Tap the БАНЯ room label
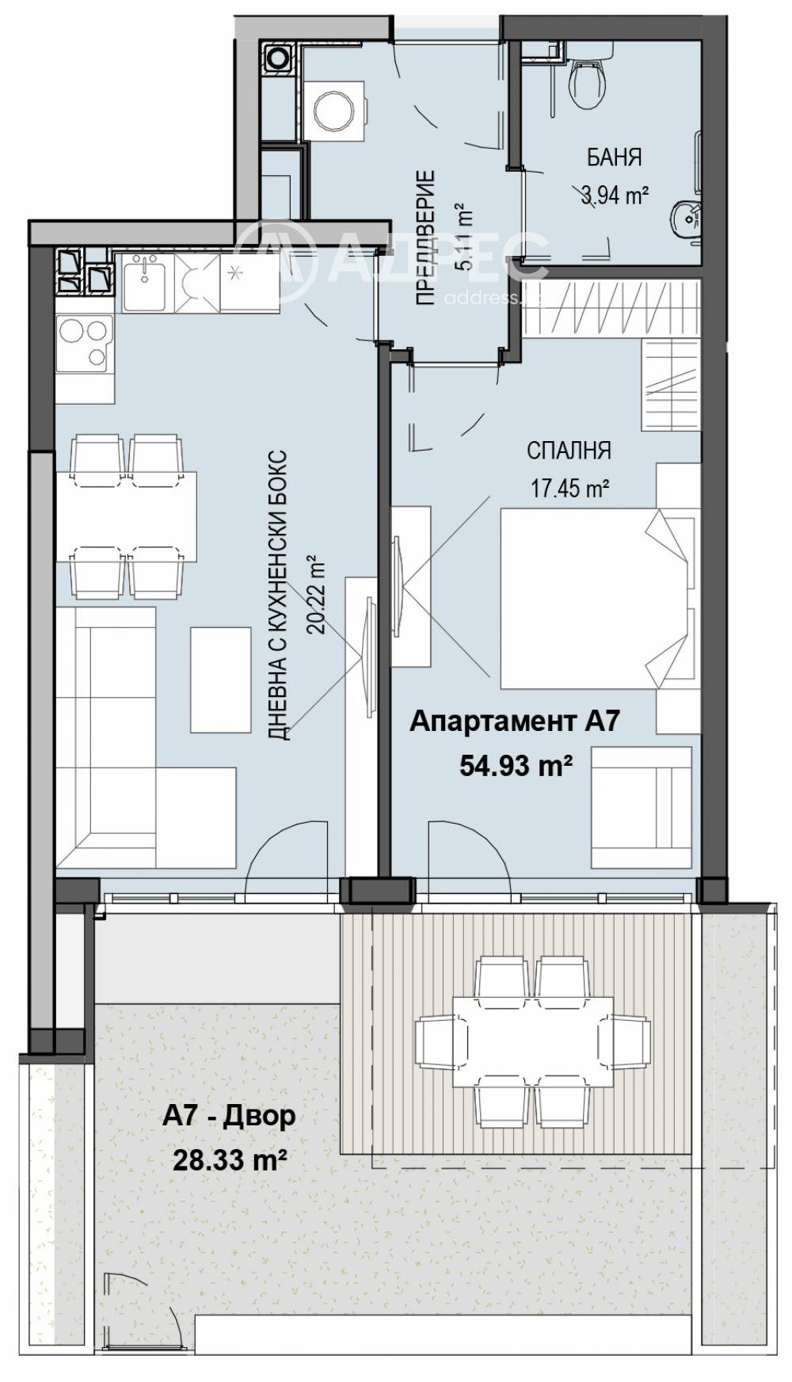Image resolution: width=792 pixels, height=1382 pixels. click(614, 157)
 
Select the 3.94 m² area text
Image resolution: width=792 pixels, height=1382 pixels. click(615, 196)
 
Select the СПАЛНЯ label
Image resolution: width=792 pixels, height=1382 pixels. click(569, 451)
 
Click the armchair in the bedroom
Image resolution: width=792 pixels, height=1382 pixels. click(642, 800)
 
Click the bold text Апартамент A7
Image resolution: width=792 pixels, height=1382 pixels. click(513, 721)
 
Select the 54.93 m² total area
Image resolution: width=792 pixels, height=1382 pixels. click(516, 765)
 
